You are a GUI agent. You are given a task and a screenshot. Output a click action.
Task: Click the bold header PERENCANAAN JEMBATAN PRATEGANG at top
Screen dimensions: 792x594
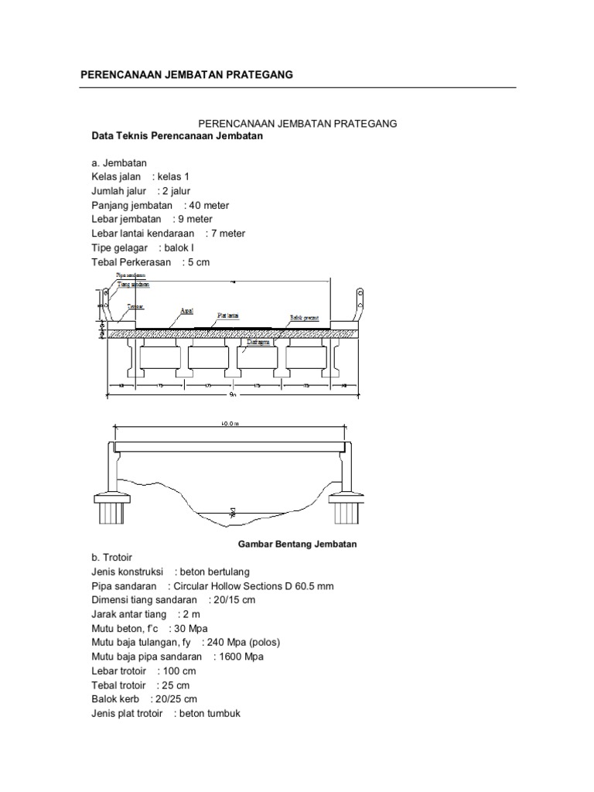pos(187,74)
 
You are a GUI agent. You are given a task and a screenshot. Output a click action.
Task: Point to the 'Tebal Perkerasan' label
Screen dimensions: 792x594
pos(131,262)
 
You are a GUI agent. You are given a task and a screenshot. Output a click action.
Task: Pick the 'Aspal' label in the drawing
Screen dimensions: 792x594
pos(186,311)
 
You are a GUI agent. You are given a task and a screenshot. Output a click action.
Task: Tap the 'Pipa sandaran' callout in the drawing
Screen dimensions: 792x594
pos(131,275)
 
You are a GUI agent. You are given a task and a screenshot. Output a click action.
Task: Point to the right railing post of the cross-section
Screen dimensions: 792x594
pos(359,303)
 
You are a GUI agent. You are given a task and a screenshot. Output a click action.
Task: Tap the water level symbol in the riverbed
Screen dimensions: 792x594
pos(231,511)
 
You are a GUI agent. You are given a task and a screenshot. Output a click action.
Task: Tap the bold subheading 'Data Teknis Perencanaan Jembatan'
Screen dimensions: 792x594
pos(178,136)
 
